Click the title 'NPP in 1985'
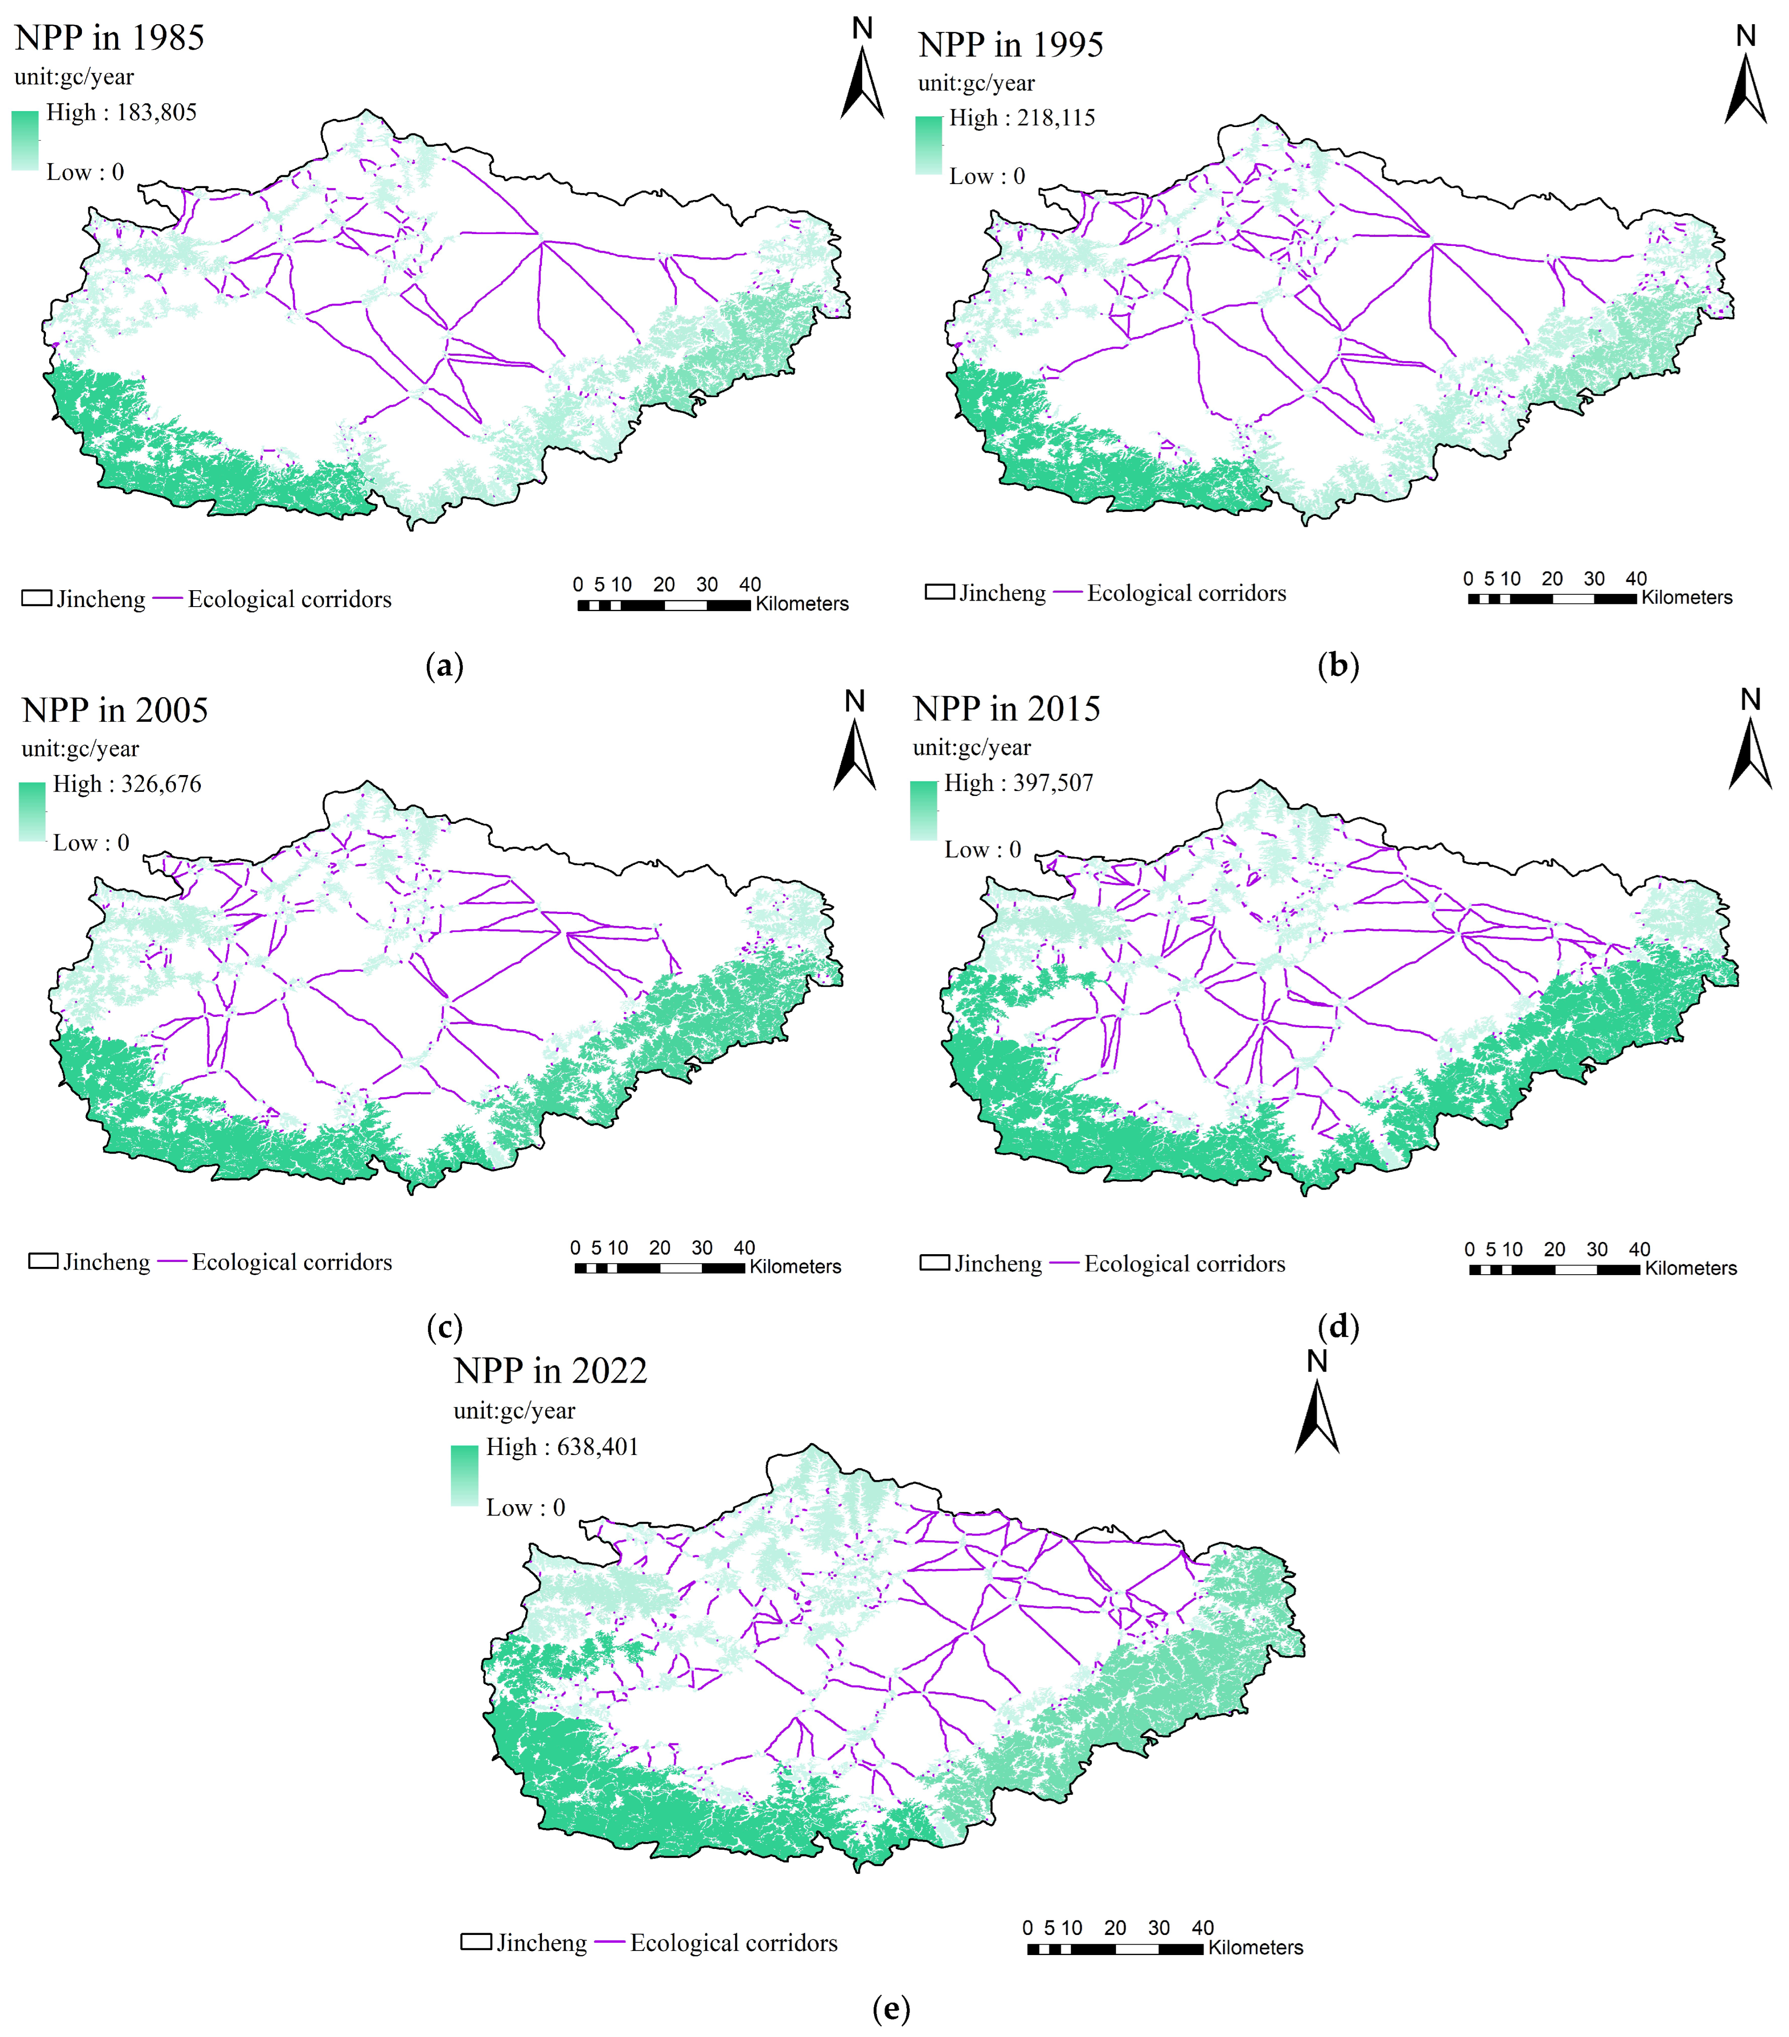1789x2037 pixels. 110,38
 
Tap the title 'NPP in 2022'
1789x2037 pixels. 550,1371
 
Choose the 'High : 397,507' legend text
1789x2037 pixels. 1018,783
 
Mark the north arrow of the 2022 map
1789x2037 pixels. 1317,1415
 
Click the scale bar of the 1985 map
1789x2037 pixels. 664,605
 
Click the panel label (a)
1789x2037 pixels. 445,666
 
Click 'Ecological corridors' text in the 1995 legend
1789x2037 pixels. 1186,594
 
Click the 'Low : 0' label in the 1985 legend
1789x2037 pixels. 85,173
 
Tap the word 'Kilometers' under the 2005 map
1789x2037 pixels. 795,1266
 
